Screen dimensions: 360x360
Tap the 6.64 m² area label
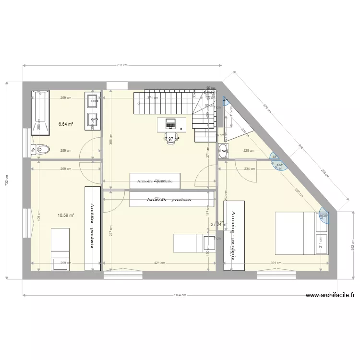tap(66, 124)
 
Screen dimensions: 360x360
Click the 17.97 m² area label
tap(170, 139)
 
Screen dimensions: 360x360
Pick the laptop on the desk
tap(171, 123)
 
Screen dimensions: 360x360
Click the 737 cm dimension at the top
tap(122, 65)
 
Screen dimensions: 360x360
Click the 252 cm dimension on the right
tap(352, 245)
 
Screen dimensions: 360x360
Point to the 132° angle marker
tap(280, 166)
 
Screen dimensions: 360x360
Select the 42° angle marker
tap(226, 100)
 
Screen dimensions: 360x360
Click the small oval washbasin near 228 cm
tap(224, 151)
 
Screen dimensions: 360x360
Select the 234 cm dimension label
tap(250, 168)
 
